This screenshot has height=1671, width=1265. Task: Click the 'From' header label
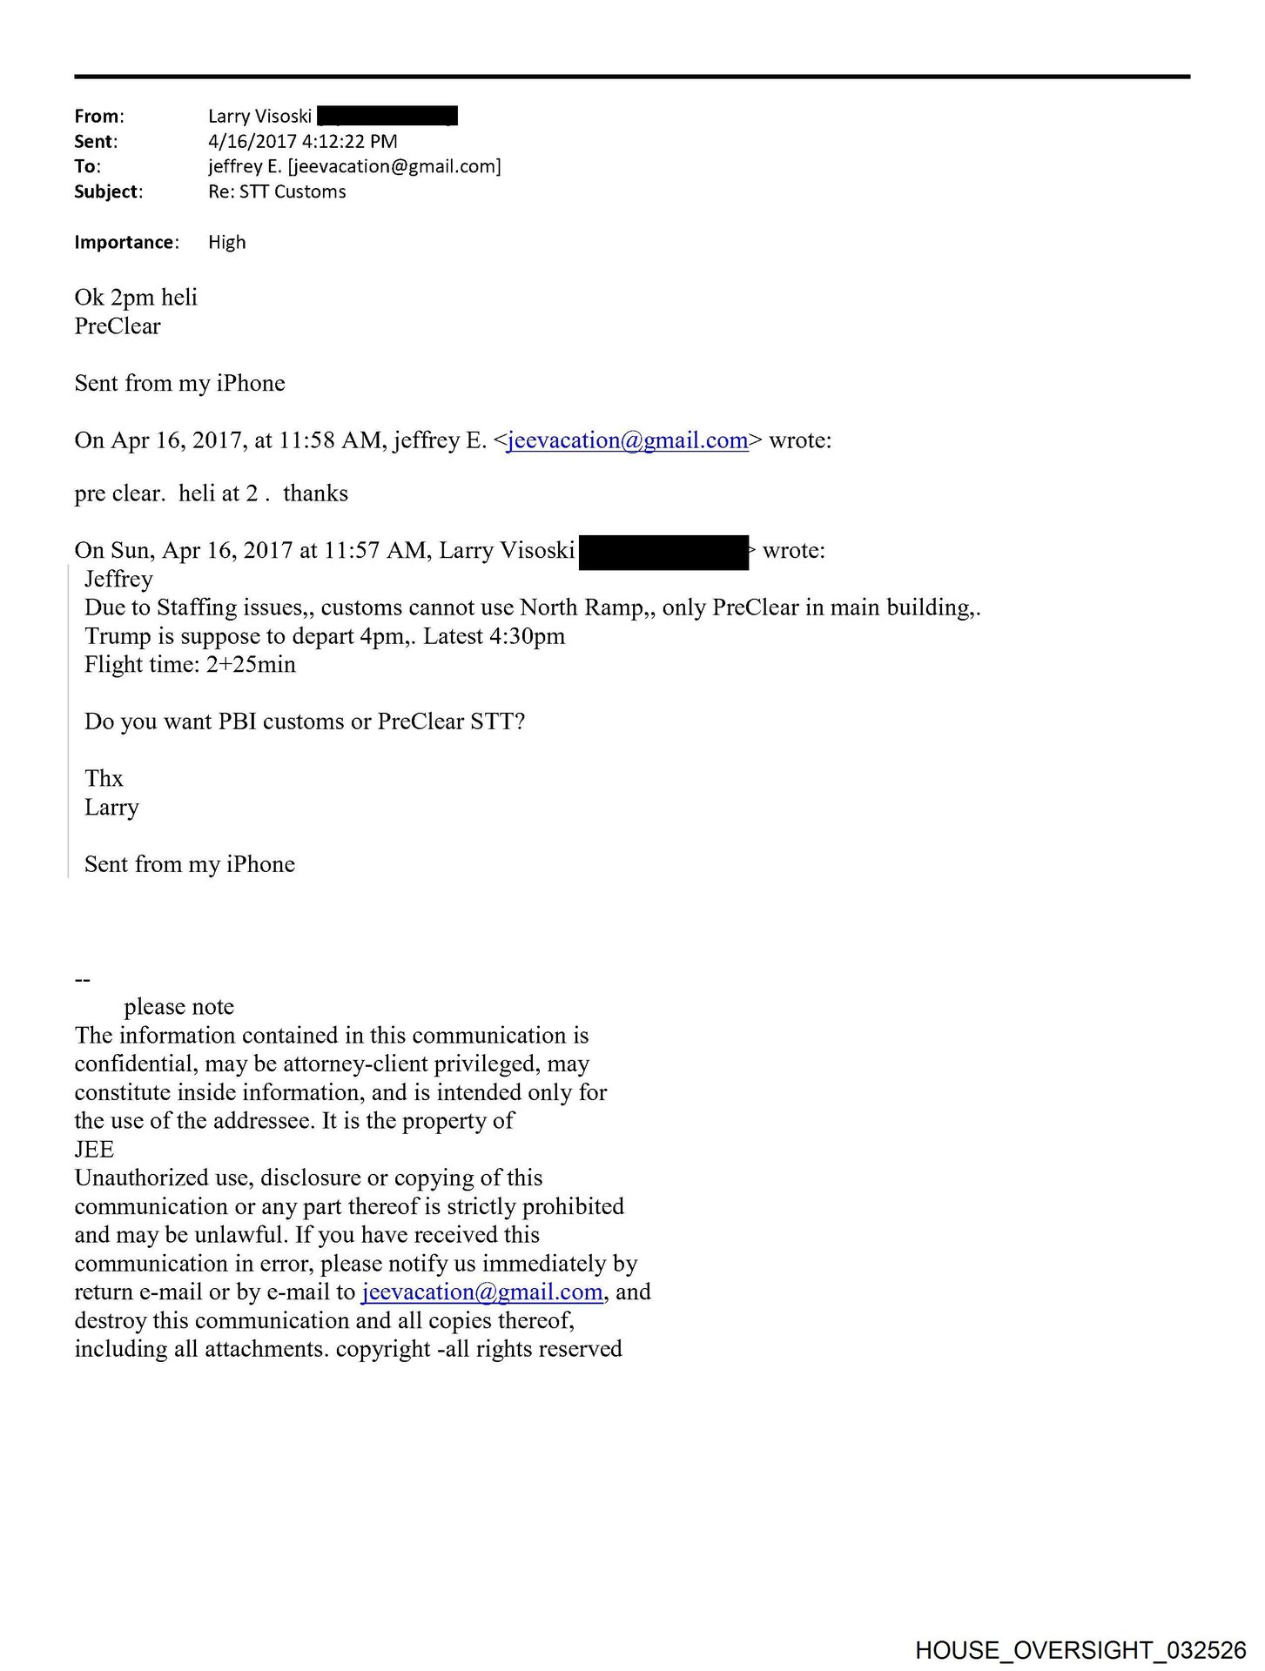[x=98, y=116]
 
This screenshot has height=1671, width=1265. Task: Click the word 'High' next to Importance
[x=226, y=242]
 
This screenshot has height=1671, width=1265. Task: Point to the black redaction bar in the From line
[x=387, y=116]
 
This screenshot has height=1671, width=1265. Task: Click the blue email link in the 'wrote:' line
[x=627, y=440]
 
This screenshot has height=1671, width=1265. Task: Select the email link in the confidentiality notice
[x=481, y=1292]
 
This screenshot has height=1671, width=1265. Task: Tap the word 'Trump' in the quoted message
[x=115, y=636]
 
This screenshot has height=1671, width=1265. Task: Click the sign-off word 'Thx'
[x=104, y=778]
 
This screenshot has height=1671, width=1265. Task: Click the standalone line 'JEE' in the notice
[x=94, y=1149]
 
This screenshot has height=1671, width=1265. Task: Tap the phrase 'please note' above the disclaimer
[x=178, y=1007]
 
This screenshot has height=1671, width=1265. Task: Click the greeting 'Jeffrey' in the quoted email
[x=118, y=580]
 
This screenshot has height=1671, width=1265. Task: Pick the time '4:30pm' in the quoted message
[x=524, y=636]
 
